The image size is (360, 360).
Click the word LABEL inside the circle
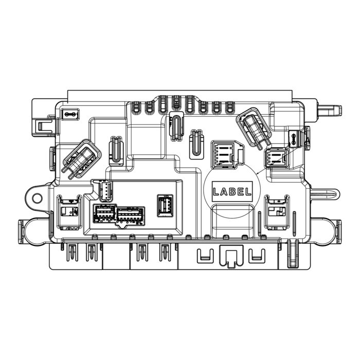(232, 192)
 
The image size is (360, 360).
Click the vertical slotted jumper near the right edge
(294, 137)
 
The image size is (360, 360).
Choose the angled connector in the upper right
(254, 129)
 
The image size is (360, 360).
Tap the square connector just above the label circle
(225, 153)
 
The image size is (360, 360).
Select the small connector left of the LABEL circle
(165, 205)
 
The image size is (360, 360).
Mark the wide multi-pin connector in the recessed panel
(131, 214)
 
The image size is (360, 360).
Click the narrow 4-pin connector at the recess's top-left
(105, 191)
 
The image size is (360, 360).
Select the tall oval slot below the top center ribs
(175, 127)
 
